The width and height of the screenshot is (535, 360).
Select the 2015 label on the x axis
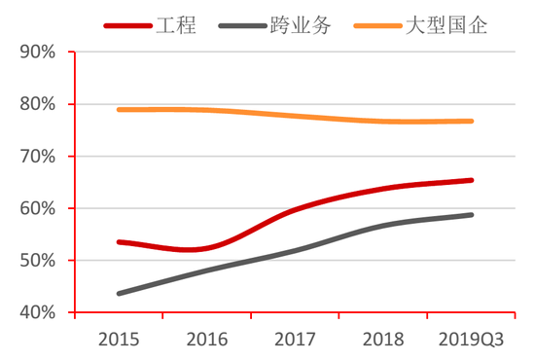(119, 340)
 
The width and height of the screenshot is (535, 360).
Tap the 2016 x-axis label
(206, 340)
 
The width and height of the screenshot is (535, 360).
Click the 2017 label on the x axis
(295, 340)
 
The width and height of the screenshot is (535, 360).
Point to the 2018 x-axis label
(383, 340)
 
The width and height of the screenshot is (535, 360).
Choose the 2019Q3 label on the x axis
(471, 340)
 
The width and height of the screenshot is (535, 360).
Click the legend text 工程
(176, 25)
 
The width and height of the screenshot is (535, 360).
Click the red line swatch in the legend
(128, 26)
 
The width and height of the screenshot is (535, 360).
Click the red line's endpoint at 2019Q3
(472, 180)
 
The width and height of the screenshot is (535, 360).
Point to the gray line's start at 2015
(119, 293)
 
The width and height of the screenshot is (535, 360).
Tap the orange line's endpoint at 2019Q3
(472, 122)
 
